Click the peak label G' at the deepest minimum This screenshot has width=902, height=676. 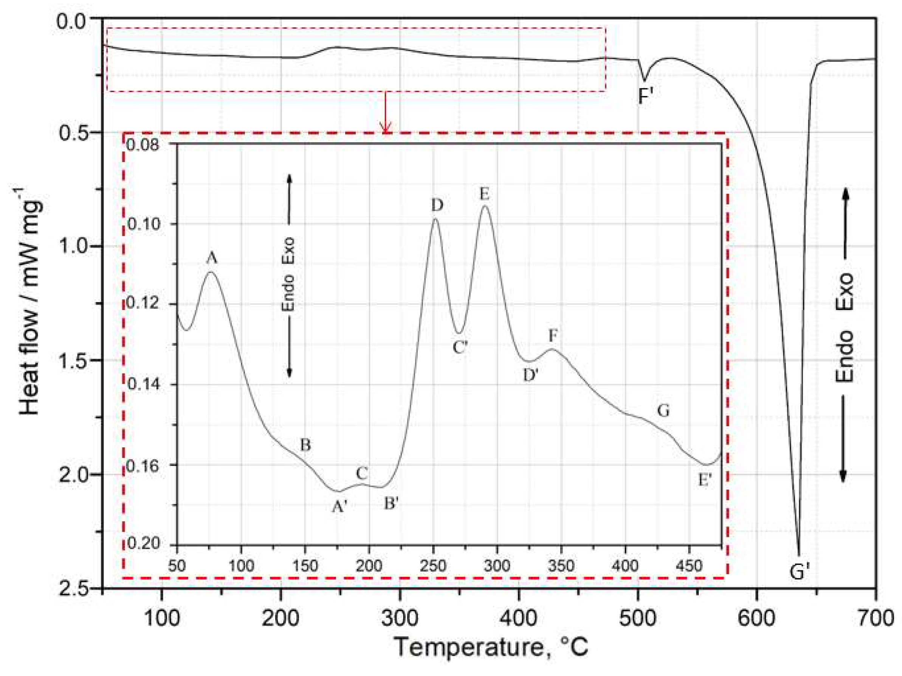click(799, 572)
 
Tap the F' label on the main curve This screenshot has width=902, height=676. click(646, 97)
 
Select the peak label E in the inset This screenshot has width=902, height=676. click(484, 194)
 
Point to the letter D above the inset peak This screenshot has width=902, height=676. click(437, 205)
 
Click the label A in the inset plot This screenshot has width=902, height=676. click(211, 258)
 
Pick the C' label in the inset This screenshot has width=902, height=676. click(460, 347)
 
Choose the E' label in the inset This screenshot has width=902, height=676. click(705, 480)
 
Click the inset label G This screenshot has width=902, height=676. click(663, 411)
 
